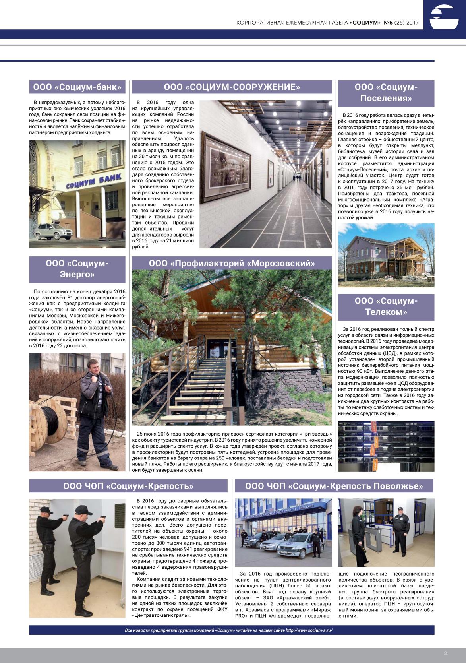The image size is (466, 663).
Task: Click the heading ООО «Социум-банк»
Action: [x=77, y=87]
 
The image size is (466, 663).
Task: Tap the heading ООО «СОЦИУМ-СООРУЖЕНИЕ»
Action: [x=232, y=87]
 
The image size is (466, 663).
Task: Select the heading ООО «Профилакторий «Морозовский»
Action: [x=232, y=263]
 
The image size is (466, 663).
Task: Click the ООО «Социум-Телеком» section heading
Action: [x=386, y=306]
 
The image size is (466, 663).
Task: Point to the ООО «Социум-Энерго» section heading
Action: [x=77, y=269]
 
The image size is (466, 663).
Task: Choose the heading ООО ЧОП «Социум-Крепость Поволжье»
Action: [x=334, y=486]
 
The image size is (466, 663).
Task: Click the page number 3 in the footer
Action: [x=445, y=653]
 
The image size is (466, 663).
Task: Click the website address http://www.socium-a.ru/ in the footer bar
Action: [x=309, y=630]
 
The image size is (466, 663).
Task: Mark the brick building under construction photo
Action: [x=386, y=255]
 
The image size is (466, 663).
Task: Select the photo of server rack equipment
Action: [x=386, y=446]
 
